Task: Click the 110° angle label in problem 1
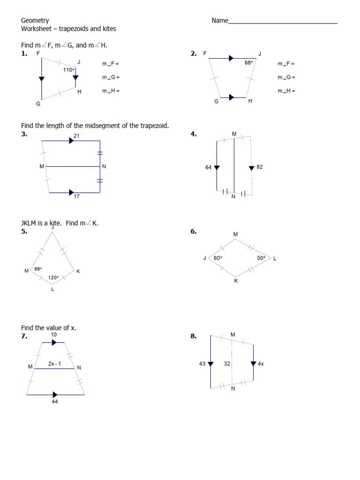coord(69,70)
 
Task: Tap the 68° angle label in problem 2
coord(248,62)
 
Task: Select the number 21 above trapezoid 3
coord(77,135)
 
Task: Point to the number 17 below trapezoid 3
coord(77,196)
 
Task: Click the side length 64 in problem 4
coord(209,167)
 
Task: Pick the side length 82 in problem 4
coord(260,167)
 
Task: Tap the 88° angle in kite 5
coord(38,269)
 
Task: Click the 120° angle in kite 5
coord(53,277)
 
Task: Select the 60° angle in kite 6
coord(218,258)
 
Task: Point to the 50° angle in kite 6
coord(261,258)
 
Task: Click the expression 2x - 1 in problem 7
coord(54,363)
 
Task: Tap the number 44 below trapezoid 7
coord(55,402)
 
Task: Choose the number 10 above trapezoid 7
coord(54,335)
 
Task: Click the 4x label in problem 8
coord(261,363)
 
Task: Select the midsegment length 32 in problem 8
coord(227,363)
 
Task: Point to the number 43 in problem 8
coord(202,363)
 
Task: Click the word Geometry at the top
coord(35,20)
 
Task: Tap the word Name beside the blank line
coord(220,21)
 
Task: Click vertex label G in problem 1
coord(38,104)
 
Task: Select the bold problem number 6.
coord(194,232)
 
